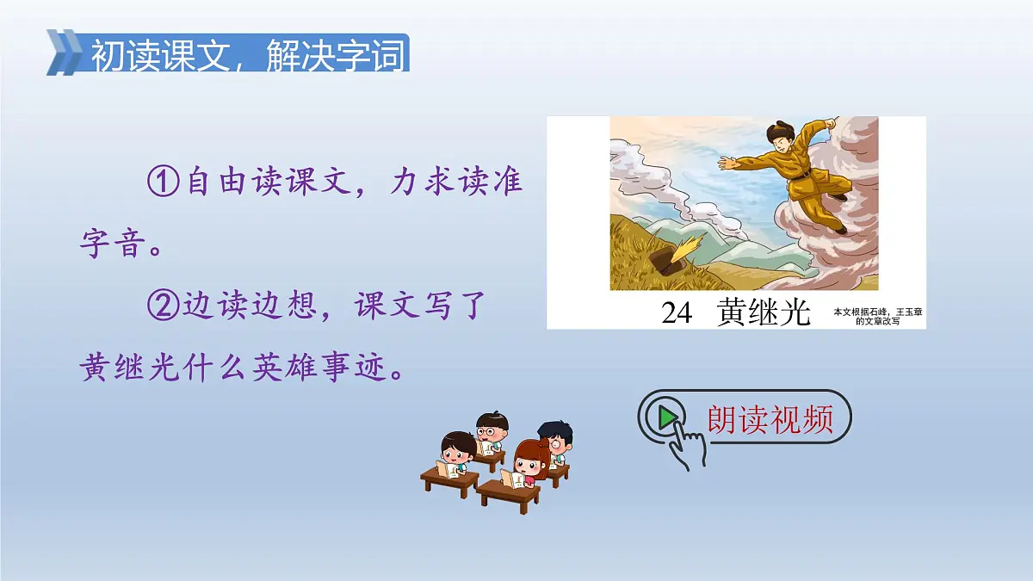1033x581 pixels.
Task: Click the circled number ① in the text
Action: [162, 183]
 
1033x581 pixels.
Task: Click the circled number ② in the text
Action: [162, 307]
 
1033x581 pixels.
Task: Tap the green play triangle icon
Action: [666, 418]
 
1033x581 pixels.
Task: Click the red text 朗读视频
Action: [770, 419]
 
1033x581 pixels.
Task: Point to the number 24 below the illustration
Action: [677, 313]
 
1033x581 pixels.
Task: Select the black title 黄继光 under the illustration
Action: [764, 313]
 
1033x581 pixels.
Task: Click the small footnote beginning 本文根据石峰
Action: [877, 316]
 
